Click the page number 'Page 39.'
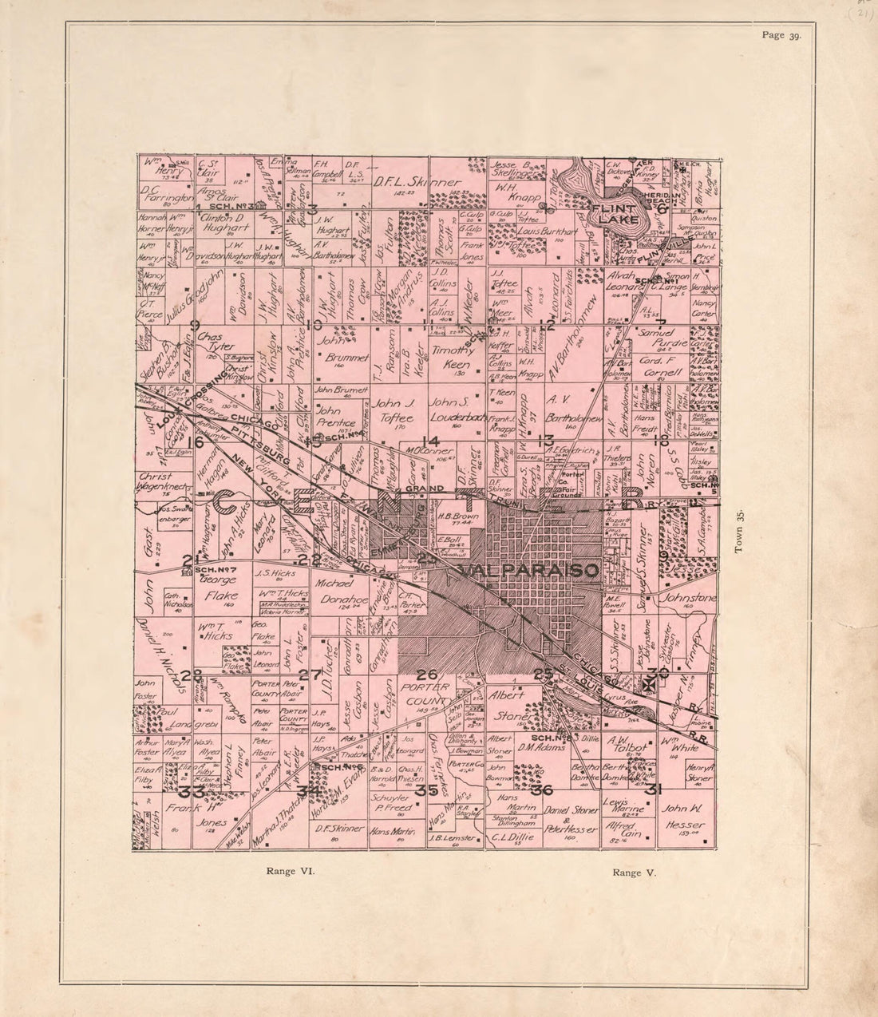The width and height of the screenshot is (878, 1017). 786,35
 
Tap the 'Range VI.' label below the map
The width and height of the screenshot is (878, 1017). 291,872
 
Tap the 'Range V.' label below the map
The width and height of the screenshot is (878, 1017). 635,873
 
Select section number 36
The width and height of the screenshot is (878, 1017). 546,790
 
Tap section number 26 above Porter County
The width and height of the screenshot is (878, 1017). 427,675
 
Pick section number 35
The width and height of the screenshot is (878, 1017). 426,791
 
